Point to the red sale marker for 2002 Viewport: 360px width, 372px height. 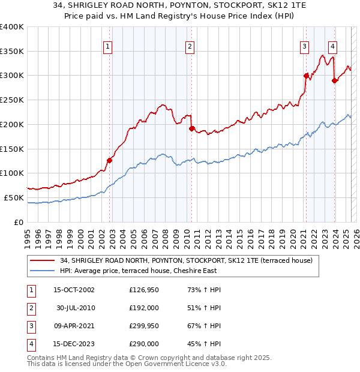pos(110,160)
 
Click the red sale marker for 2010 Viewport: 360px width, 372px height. pos(191,128)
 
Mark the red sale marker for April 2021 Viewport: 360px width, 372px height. pos(306,76)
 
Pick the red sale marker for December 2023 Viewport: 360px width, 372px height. pos(334,80)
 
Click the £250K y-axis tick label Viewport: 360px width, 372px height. pos(12,100)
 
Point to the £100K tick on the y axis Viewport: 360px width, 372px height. pos(12,173)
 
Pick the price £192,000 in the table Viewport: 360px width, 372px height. pos(144,308)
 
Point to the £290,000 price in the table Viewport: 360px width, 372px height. pos(144,344)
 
